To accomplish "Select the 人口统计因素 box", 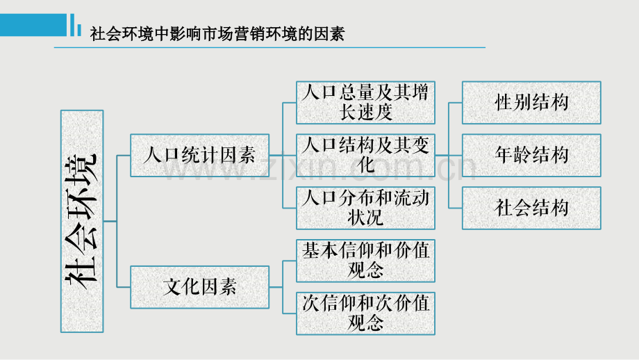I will point(199,155).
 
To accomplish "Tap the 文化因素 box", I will point(199,286).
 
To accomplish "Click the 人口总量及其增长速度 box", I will point(365,102).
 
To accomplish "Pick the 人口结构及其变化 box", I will point(365,155).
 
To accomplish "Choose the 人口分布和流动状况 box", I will point(365,208).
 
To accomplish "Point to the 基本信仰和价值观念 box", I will point(365,261).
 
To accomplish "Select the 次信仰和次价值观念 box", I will point(365,313).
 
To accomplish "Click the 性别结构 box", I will point(531,102).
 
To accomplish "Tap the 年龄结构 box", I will point(531,155).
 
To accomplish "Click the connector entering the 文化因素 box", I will point(124,286).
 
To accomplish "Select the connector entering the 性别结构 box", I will point(456,102).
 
